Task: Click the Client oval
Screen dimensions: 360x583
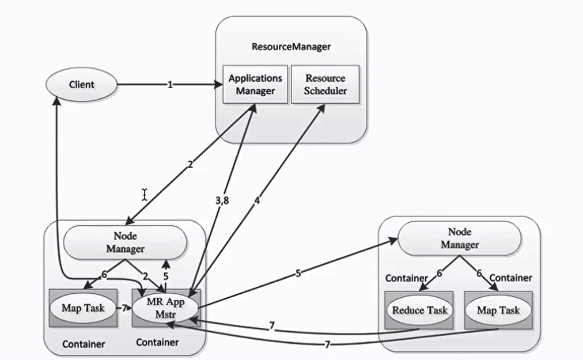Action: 82,85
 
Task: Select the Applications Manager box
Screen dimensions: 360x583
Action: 255,84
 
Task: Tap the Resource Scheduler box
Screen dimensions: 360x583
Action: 325,84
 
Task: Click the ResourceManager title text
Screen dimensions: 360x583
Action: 291,47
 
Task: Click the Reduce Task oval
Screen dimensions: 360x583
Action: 419,310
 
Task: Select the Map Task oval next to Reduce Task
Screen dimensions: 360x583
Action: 498,310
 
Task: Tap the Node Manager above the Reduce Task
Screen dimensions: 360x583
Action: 460,238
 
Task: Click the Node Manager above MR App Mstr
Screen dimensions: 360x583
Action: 125,242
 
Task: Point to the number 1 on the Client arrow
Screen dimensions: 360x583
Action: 170,85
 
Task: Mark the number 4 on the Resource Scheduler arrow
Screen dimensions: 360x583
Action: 257,201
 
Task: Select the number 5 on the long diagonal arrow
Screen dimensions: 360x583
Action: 298,273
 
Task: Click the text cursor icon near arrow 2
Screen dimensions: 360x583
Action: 144,195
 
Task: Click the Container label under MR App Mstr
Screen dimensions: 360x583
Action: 157,343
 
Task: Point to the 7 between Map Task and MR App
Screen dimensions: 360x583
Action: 123,308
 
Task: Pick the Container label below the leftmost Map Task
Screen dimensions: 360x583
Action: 83,344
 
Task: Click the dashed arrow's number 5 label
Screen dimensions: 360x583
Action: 166,276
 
